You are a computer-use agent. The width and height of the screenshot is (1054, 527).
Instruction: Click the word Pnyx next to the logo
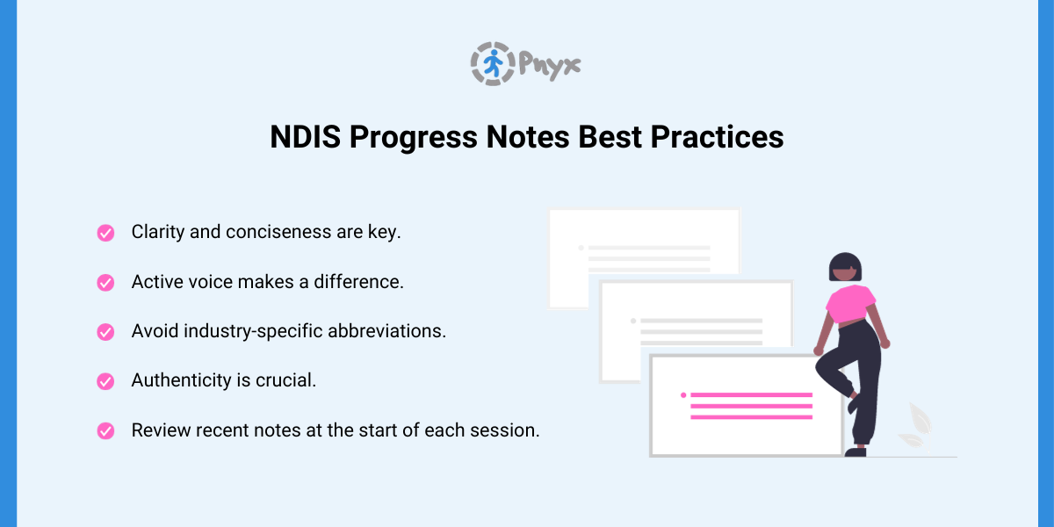tap(549, 65)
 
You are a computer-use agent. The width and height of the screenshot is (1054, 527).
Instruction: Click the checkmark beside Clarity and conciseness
tap(105, 233)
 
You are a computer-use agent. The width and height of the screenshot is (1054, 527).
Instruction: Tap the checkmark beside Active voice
tap(105, 283)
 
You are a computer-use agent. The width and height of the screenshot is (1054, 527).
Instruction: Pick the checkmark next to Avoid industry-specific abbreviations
tap(105, 332)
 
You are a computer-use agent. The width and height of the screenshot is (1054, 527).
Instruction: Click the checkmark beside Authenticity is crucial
tap(105, 381)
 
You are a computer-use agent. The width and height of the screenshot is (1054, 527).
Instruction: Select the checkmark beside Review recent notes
tap(105, 431)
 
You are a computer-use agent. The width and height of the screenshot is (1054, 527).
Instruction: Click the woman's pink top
tap(849, 302)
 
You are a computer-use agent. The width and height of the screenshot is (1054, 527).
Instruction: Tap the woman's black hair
tap(845, 262)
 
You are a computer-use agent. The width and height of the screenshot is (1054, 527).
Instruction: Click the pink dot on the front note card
tap(682, 395)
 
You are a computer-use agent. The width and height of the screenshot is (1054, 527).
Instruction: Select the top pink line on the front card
tap(751, 395)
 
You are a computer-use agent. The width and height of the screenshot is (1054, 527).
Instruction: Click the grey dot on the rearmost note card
tap(581, 248)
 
